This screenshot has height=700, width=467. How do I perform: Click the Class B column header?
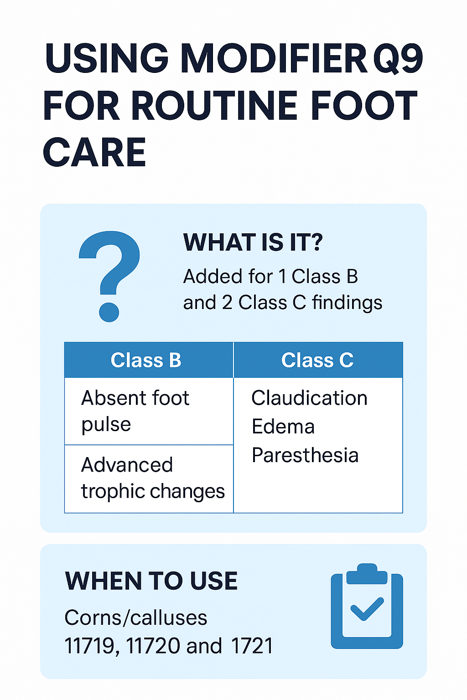point(146,360)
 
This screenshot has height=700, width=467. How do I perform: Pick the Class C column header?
point(317,360)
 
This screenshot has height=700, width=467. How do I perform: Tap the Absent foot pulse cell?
point(135,411)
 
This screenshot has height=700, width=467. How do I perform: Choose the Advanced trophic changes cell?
point(152,478)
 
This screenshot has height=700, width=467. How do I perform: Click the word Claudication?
point(309,398)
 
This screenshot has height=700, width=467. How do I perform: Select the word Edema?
point(283,427)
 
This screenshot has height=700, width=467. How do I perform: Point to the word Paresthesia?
point(305,455)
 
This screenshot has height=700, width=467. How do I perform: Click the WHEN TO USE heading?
point(151,581)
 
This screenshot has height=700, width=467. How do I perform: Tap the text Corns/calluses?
point(136,618)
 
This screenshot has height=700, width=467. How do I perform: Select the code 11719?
point(90,646)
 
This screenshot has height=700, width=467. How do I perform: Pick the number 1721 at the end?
point(252,646)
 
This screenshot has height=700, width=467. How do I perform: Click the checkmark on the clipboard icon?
point(367,609)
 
